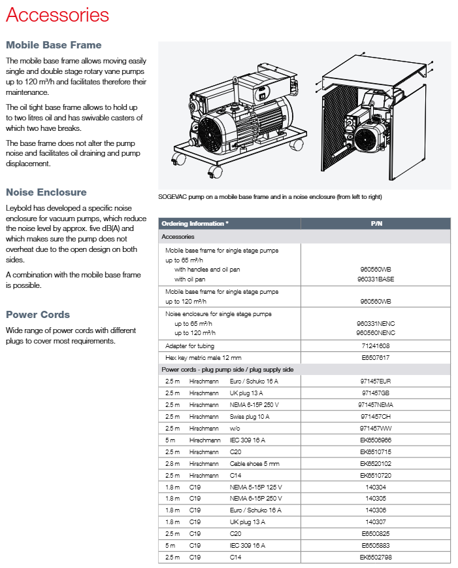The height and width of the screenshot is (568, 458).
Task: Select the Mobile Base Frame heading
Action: pos(54,45)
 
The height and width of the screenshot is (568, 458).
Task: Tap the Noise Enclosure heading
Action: pos(46,192)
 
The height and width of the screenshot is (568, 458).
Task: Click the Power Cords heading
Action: pos(38,315)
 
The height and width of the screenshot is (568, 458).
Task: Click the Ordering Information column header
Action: pos(195,224)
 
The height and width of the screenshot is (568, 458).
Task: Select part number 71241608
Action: pos(375,346)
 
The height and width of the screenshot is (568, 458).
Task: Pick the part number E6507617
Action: pos(375,357)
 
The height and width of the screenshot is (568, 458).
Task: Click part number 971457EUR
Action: pos(375,381)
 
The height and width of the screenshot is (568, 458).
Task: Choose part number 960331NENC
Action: pos(376,323)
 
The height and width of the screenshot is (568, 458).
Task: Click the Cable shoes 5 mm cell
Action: pos(254,463)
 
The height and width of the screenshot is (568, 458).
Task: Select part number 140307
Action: pos(376,522)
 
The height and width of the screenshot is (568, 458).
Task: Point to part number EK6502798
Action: pos(376,558)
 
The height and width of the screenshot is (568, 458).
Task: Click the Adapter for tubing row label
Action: pos(189,346)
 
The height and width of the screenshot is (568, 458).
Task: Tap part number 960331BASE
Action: pos(376,279)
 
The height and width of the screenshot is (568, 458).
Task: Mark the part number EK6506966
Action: pos(376,440)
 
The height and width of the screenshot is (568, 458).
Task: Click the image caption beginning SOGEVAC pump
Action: pos(270,197)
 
